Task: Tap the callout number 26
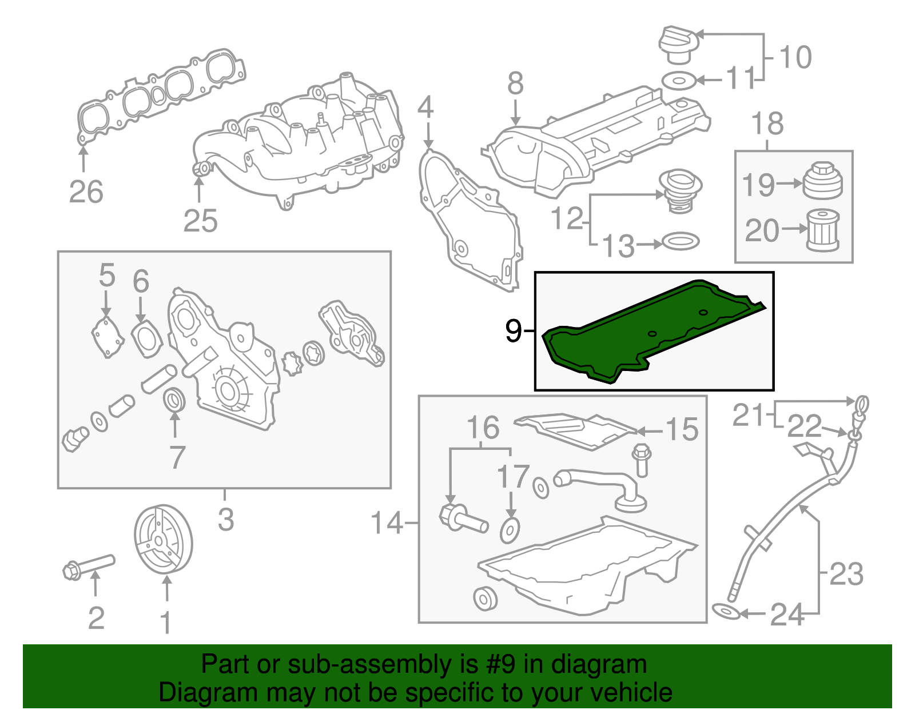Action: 86,192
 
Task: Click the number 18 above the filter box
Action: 767,124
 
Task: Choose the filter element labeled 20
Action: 822,230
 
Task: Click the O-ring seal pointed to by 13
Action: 680,241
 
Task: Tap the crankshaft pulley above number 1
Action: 163,539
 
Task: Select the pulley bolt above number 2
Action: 89,566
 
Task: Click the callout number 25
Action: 201,221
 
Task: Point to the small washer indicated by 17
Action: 510,531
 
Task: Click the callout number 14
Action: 387,522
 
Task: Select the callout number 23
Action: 846,573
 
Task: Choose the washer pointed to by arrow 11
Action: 679,81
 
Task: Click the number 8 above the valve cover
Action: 515,84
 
